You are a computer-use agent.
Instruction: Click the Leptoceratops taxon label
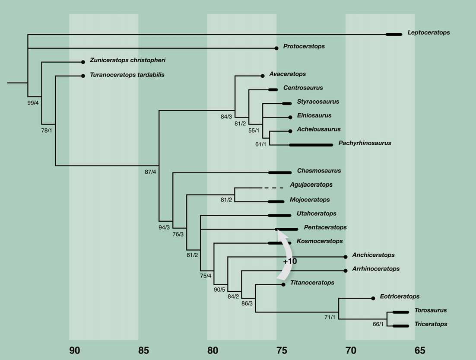click(x=428, y=33)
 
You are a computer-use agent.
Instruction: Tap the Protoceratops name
click(x=304, y=46)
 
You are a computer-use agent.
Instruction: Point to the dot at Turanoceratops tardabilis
click(x=83, y=76)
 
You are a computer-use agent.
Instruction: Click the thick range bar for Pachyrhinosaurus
click(x=311, y=145)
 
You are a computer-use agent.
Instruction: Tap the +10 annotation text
click(x=290, y=261)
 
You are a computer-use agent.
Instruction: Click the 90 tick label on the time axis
click(x=75, y=350)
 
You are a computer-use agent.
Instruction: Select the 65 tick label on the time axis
click(x=420, y=350)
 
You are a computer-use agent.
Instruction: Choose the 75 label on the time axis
click(x=282, y=350)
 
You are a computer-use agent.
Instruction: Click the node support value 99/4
click(x=33, y=102)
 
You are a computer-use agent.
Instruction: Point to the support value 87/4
click(x=150, y=172)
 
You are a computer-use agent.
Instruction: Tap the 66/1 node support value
click(x=378, y=324)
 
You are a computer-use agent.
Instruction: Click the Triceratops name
click(x=431, y=324)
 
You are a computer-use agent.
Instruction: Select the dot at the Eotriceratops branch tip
click(x=373, y=298)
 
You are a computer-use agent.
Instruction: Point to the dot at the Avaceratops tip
click(x=263, y=76)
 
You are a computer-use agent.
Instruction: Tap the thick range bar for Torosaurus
click(x=401, y=312)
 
